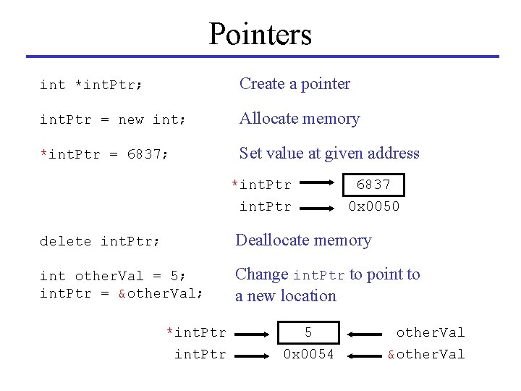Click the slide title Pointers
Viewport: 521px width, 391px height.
pos(260,33)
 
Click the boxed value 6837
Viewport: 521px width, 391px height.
pos(373,185)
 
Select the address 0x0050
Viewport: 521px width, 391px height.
pos(373,206)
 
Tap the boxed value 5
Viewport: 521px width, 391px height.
pos(308,332)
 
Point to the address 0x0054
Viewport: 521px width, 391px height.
pos(308,354)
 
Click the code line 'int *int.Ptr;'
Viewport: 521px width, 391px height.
pos(91,85)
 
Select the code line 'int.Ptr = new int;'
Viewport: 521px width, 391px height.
pos(113,120)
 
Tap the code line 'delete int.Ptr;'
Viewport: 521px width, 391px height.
pos(100,241)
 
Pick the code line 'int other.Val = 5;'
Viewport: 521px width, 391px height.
pos(113,276)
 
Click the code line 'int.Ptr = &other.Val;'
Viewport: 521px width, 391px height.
pos(122,293)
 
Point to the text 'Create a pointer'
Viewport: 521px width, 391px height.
pos(295,84)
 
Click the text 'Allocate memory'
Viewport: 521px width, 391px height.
pos(300,119)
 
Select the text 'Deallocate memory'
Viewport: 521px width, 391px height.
pos(303,240)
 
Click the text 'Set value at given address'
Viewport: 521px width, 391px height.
pos(329,154)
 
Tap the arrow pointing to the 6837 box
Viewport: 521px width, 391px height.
pos(321,186)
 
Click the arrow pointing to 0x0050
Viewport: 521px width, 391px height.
pos(321,208)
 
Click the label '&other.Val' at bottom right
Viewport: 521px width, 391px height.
pos(426,354)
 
